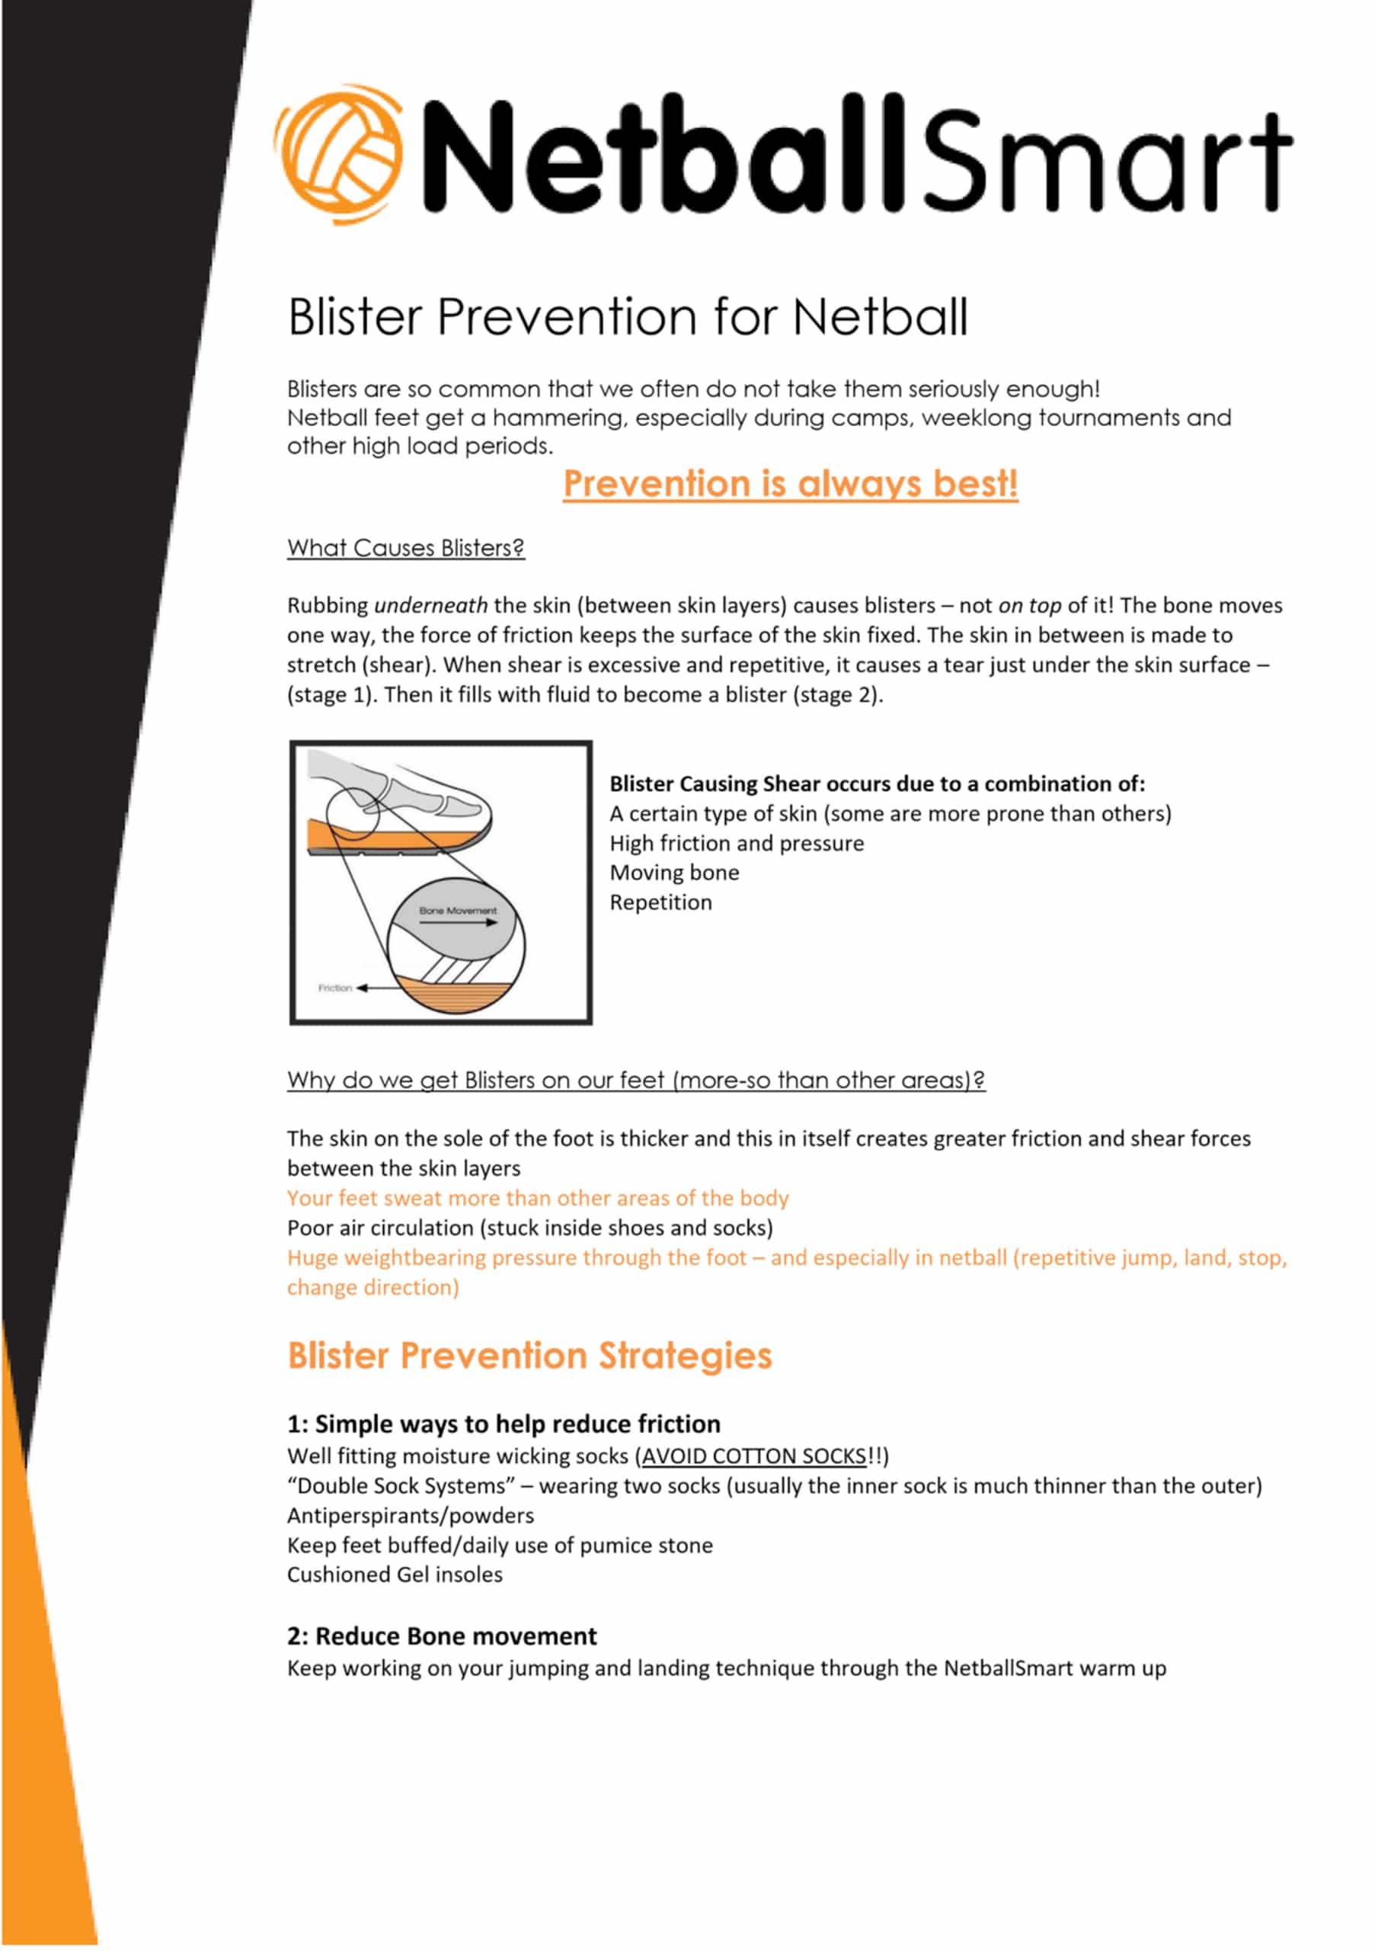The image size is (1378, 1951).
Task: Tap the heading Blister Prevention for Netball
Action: (x=627, y=317)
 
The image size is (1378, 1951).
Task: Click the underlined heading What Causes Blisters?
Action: (x=405, y=548)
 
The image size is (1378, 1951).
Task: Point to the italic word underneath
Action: (x=430, y=605)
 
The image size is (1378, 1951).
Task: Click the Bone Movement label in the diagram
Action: (x=457, y=911)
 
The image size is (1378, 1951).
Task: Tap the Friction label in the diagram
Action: (x=334, y=988)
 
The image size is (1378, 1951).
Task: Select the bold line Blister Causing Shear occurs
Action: (x=877, y=783)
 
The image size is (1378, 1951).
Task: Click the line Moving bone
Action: (x=673, y=873)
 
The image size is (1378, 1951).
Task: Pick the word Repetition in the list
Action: (x=660, y=902)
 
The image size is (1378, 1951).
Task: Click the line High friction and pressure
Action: (x=736, y=843)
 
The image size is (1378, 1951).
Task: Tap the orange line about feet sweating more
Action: (x=537, y=1198)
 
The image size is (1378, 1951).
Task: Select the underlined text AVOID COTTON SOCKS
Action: (x=753, y=1456)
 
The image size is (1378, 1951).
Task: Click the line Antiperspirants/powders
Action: (x=411, y=1516)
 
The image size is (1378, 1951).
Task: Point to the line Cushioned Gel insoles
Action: (x=394, y=1575)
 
